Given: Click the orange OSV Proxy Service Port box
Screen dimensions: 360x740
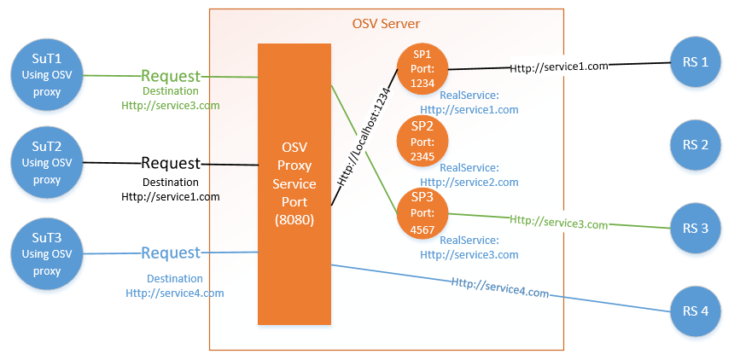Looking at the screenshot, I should (294, 184).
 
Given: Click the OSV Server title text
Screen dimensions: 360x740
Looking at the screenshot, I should (386, 23).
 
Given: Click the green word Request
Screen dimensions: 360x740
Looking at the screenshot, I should (171, 76).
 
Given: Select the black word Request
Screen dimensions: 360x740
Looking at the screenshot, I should (171, 163).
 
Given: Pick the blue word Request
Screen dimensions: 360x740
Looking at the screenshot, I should (171, 253).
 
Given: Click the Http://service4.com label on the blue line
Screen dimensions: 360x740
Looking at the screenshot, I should (499, 287).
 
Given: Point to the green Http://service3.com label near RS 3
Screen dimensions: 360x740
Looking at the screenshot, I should (558, 224).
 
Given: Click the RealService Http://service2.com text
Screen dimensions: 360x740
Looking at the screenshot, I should (469, 176).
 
